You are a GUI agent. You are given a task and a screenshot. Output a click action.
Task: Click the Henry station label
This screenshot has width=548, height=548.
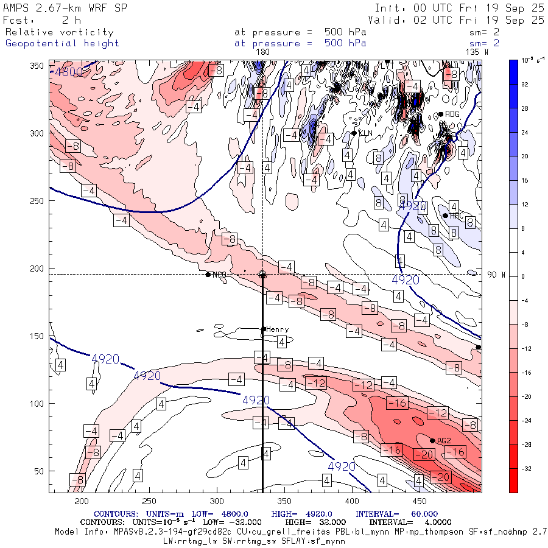coord(277,329)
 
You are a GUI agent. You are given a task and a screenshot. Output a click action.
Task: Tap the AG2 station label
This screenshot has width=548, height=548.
coord(443,441)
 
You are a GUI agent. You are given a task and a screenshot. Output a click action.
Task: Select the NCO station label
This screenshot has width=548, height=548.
coord(219,275)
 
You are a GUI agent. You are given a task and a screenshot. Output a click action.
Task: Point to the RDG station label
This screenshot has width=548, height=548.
coord(452,114)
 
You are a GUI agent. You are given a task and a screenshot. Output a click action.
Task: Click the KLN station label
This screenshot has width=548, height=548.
coord(365,133)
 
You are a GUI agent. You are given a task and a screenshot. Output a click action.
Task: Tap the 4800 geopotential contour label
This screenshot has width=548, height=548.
coord(69,72)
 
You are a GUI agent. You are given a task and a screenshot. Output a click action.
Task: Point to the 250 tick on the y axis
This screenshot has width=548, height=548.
coord(39,201)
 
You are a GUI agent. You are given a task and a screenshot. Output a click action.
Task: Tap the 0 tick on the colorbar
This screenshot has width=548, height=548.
coord(523,276)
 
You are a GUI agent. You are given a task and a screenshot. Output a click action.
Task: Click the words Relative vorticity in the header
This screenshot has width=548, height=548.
coord(59,32)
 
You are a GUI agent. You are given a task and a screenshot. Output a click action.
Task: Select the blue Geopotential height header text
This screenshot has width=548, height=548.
coord(62,43)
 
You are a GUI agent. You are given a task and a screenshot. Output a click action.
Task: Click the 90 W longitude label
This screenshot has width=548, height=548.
coord(496,275)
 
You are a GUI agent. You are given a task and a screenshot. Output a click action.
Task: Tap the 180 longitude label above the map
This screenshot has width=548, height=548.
coord(262,52)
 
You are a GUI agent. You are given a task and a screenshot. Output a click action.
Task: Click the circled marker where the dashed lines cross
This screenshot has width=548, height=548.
coord(262,275)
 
